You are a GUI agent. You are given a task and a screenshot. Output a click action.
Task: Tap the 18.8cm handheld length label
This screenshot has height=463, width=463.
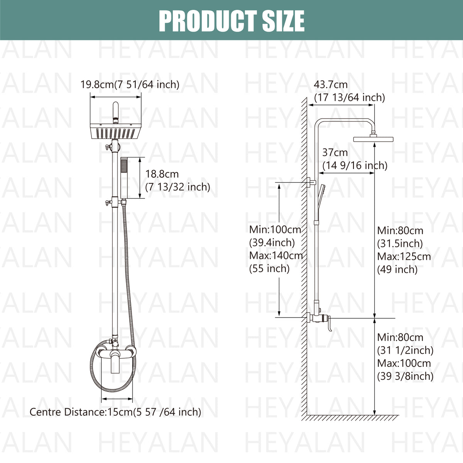point(162,174)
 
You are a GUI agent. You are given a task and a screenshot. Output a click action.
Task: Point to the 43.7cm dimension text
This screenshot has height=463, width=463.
point(331,84)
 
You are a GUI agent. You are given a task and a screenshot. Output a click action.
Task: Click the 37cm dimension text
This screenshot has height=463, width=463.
point(335,153)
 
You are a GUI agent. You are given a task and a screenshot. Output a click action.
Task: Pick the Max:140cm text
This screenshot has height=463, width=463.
point(276,255)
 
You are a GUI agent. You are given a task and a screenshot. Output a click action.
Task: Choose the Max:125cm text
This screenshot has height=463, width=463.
point(404,256)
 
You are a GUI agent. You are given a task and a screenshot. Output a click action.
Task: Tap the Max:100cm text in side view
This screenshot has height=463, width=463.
point(404,363)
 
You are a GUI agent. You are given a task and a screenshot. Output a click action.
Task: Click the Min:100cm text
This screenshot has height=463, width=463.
point(275,230)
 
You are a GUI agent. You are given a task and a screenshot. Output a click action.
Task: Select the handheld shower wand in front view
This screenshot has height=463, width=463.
point(124,177)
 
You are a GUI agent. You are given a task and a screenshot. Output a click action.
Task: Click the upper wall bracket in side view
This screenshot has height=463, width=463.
point(312,182)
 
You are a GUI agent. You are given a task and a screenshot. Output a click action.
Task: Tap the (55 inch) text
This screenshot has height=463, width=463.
point(269,269)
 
